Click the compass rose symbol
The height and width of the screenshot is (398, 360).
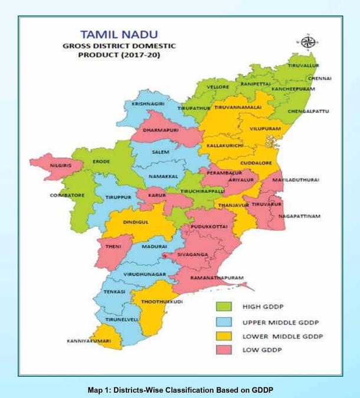pos(307,42)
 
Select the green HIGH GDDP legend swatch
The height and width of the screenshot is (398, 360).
pos(224,307)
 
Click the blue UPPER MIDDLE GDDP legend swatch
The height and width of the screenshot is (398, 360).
pos(224,322)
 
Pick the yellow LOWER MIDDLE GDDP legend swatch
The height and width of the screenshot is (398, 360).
pos(224,337)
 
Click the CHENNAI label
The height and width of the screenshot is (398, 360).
pos(319,78)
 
